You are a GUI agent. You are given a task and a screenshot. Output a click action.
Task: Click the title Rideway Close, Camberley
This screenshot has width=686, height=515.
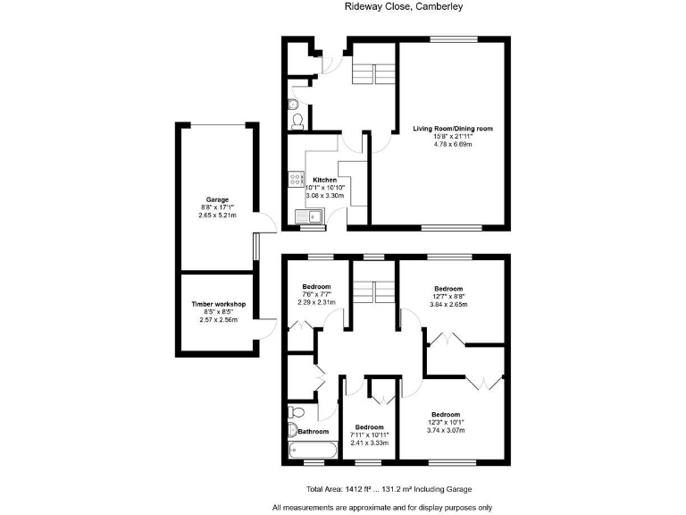coord(404,7)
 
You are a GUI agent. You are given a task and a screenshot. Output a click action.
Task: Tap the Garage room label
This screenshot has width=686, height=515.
coord(218,199)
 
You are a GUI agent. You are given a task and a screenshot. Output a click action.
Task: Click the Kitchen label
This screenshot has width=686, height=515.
coord(324,179)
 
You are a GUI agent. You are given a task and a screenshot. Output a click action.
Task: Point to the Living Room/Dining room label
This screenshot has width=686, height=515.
coord(452,129)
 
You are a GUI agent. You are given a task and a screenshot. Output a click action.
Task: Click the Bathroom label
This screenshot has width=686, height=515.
coord(314,432)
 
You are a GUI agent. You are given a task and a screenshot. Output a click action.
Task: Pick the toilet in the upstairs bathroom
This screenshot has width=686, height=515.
coord(297,412)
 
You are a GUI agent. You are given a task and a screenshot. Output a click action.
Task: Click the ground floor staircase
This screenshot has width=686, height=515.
coord(373,72)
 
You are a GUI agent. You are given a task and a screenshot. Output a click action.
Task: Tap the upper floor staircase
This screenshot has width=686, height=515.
coord(373,291)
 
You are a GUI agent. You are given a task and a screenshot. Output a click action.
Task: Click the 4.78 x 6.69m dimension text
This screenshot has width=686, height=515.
coord(452,145)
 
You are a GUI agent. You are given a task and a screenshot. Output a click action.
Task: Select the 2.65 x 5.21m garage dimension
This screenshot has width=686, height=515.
coord(218,215)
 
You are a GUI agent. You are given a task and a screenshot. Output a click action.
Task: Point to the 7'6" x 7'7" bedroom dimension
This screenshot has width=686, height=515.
coord(316,294)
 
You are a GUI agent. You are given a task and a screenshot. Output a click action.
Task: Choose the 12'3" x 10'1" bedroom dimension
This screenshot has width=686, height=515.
coord(445,423)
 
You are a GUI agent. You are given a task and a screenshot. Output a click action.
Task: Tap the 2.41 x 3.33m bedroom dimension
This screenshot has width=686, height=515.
coord(370,443)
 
